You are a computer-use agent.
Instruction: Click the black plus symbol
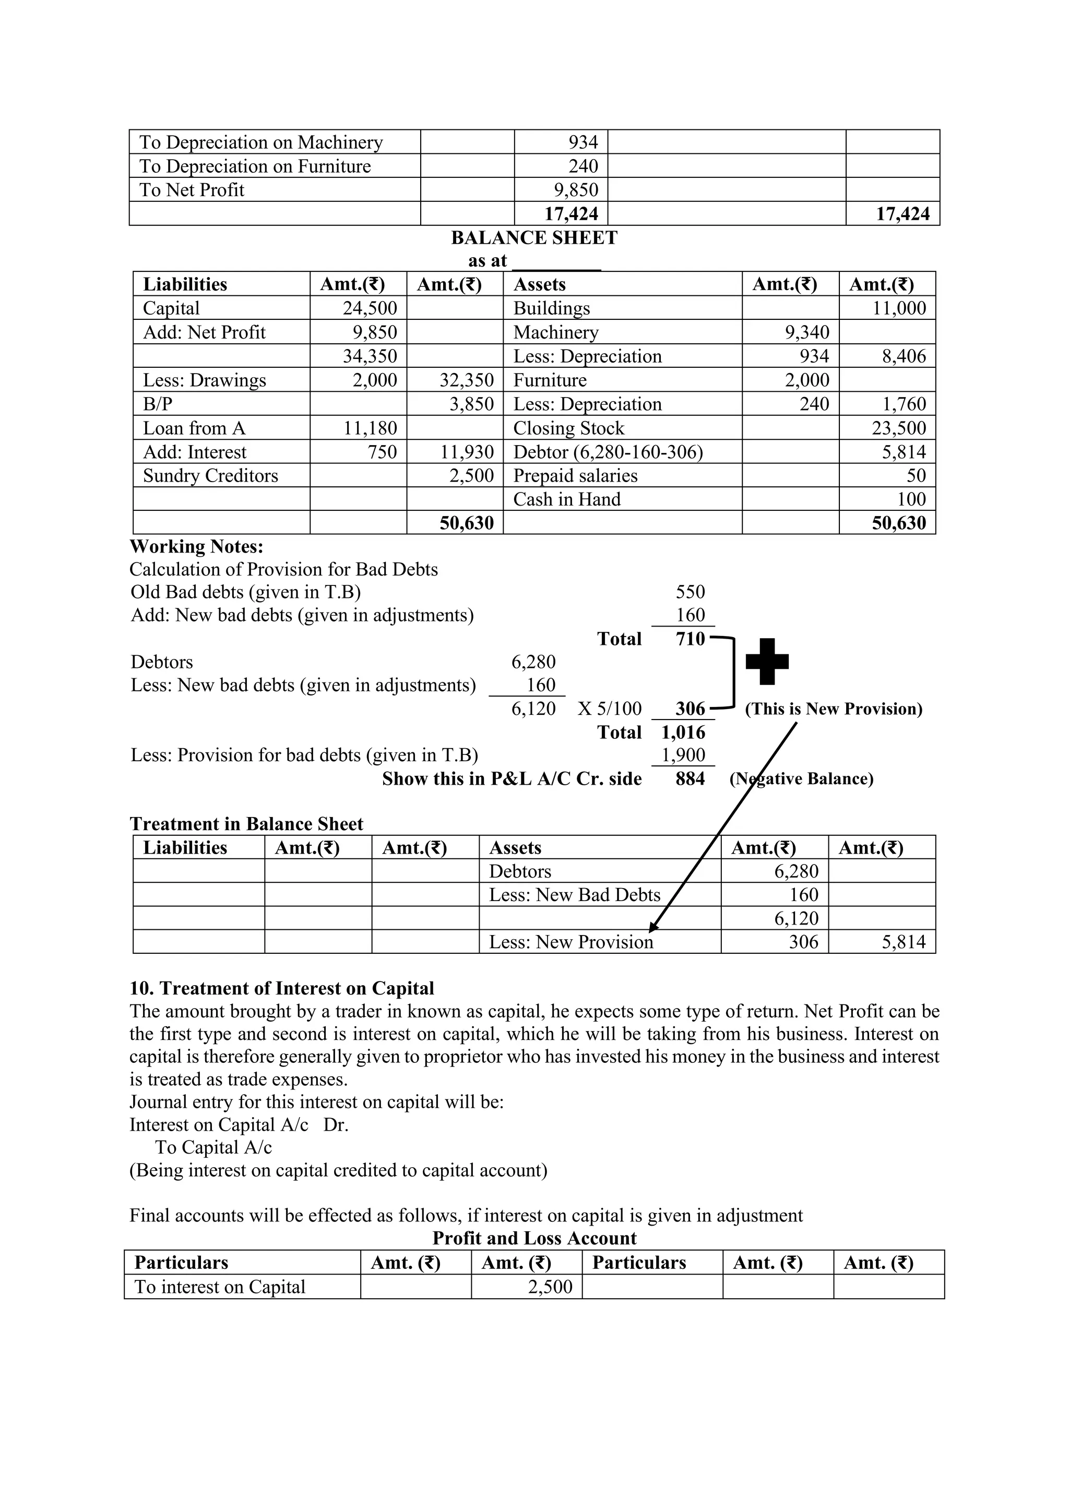coord(767,661)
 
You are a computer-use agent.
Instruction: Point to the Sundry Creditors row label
coord(211,475)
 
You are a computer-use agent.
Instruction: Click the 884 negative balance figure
coord(690,778)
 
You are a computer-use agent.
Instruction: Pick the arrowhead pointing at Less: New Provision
coord(653,927)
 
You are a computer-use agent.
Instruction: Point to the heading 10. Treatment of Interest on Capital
coord(282,989)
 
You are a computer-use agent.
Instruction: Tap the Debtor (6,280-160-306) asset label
coord(608,452)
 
